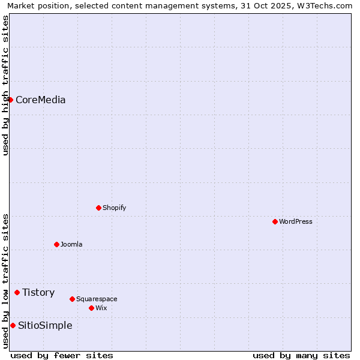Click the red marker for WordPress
[275, 221]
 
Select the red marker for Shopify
[98, 208]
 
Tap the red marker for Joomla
[56, 244]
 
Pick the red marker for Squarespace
[72, 299]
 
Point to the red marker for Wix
[91, 308]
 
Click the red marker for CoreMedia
[10, 100]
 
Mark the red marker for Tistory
[17, 292]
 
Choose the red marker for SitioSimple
[13, 325]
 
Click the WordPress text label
[296, 221]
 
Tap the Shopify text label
[114, 208]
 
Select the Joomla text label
[71, 244]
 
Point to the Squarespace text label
[97, 299]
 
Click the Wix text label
[101, 308]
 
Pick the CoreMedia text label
[41, 100]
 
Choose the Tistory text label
[38, 292]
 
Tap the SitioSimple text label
[45, 325]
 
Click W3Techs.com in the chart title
[325, 6]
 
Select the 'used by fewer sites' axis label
[62, 355]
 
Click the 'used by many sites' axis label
[301, 355]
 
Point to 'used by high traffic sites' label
[5, 85]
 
